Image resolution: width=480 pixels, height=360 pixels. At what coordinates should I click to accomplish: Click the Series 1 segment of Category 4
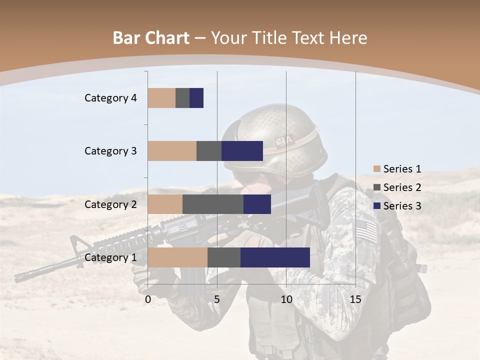coord(161,98)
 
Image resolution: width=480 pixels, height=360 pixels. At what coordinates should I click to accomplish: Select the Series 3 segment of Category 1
coord(275,257)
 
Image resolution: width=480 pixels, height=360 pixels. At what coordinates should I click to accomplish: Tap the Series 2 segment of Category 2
coord(213,204)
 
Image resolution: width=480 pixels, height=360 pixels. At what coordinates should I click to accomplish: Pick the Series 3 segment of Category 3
coord(242,151)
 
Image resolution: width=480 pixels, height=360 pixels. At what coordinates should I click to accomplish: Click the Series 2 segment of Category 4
coord(182,98)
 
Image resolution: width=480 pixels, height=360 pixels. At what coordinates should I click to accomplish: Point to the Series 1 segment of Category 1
coord(177,257)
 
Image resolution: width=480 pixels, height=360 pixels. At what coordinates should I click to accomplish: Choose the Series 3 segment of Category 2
coord(257,204)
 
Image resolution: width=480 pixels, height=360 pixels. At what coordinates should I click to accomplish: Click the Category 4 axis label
coord(110,98)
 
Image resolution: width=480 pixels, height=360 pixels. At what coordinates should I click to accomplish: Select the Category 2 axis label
coord(110,204)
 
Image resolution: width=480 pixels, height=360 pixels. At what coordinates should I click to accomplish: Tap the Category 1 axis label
coord(110,257)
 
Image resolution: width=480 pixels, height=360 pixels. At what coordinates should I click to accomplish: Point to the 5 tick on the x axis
coord(217,299)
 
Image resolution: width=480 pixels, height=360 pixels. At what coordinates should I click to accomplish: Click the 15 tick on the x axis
coord(355,299)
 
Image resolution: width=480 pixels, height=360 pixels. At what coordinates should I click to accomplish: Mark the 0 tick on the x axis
coord(148,299)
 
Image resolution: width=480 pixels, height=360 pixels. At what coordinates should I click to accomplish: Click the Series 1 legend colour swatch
coord(376,169)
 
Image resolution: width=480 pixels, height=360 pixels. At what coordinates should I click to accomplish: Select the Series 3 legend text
coord(402,206)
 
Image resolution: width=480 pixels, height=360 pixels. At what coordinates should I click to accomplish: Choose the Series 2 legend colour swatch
coord(376,187)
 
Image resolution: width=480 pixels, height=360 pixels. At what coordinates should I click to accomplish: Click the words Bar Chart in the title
coord(151,38)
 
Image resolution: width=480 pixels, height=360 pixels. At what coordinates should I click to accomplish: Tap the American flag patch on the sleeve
coord(367,230)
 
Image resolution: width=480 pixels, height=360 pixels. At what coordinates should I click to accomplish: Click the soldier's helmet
coord(275,137)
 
